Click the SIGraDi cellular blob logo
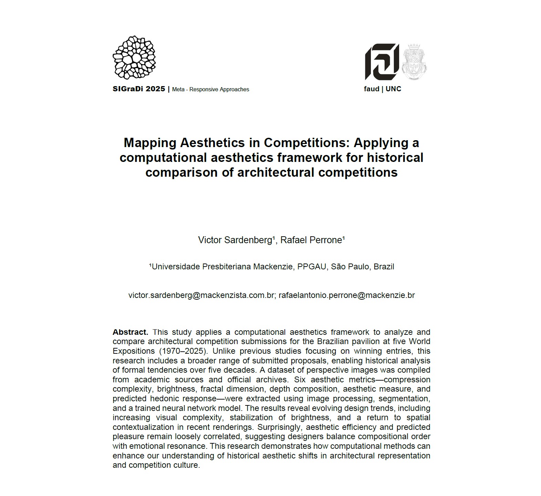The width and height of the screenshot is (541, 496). pyautogui.click(x=134, y=58)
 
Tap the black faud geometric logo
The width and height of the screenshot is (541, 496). pyautogui.click(x=382, y=62)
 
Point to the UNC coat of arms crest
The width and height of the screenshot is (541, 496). pyautogui.click(x=414, y=62)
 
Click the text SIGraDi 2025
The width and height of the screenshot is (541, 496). pyautogui.click(x=139, y=89)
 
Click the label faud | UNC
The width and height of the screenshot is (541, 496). pyautogui.click(x=382, y=89)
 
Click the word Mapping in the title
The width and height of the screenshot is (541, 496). pyautogui.click(x=150, y=143)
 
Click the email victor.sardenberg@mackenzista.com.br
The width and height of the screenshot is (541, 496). pyautogui.click(x=201, y=296)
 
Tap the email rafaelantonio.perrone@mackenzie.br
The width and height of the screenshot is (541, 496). pyautogui.click(x=346, y=296)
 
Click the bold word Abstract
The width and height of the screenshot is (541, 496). pyautogui.click(x=130, y=332)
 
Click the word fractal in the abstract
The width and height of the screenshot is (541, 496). pyautogui.click(x=212, y=389)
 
